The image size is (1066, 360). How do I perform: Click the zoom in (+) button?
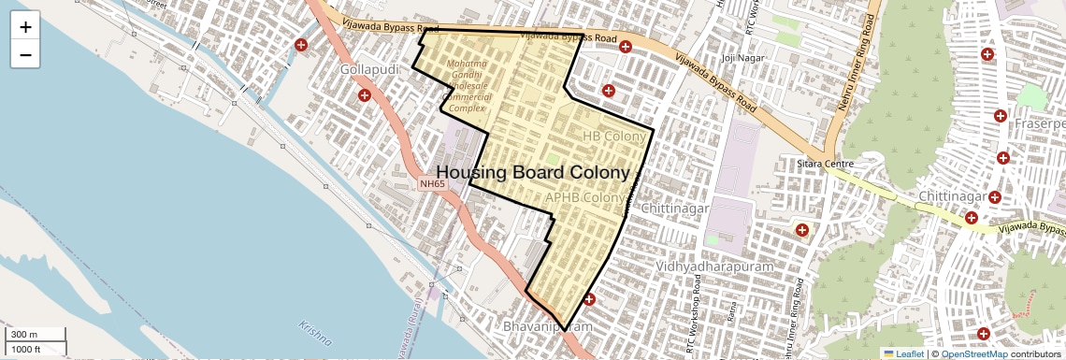coord(25,27)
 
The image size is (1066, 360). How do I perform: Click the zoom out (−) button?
coord(25,55)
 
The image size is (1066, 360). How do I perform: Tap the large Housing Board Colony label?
coord(533,173)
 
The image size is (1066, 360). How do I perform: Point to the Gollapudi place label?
coord(370,71)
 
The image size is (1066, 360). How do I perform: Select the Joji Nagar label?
coord(738,58)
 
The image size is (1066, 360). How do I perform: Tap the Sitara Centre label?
coord(826,165)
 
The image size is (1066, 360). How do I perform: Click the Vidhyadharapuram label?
coord(717,266)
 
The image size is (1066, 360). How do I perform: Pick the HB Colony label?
coord(614,137)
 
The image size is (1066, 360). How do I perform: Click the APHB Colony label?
coord(583,198)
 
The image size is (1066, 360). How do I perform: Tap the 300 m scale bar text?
coord(24,335)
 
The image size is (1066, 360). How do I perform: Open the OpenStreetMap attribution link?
coord(973,353)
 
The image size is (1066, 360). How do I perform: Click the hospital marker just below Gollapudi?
coord(365,95)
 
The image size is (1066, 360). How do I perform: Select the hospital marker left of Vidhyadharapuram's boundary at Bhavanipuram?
coord(589,299)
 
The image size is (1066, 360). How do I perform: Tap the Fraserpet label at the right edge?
coord(1042,123)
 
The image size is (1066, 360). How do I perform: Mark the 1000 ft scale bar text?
coord(26,349)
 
